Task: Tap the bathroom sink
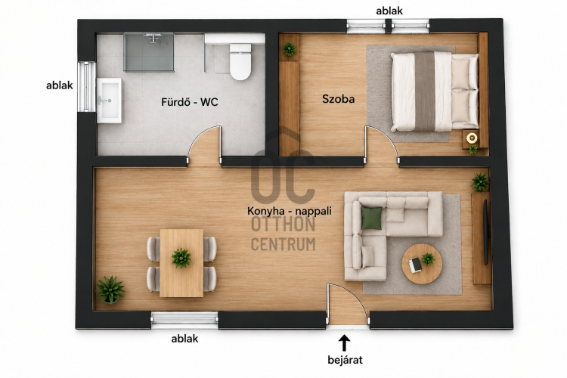tap(109, 101)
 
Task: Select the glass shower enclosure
tap(149, 52)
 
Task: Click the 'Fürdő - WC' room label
tap(190, 102)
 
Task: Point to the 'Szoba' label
tap(338, 99)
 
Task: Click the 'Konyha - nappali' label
tap(290, 211)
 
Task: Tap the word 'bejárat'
tap(345, 360)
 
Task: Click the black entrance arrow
tap(344, 343)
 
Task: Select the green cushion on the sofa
tap(371, 218)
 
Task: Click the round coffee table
tap(422, 264)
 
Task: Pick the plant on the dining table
tap(181, 258)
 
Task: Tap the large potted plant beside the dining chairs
tap(110, 290)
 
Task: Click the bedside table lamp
tap(472, 138)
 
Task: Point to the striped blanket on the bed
tap(425, 91)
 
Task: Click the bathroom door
tap(205, 144)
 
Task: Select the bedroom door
tap(382, 144)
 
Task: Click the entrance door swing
tap(347, 303)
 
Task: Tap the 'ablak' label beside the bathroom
tap(59, 85)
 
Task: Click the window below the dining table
tap(184, 318)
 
